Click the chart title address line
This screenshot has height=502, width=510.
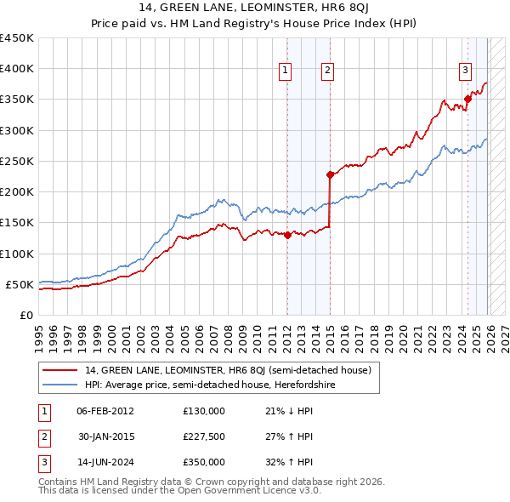click(255, 8)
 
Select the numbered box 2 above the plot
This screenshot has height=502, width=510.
click(327, 71)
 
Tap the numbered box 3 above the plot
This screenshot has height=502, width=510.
click(466, 71)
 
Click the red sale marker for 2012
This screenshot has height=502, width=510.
click(287, 235)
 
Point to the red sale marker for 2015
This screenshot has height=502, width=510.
click(330, 174)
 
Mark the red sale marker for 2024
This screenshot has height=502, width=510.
click(467, 99)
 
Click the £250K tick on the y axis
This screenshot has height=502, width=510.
click(17, 161)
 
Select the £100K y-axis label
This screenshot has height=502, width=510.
click(17, 254)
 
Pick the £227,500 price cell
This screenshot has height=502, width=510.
click(204, 436)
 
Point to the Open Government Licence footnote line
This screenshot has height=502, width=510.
click(180, 492)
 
